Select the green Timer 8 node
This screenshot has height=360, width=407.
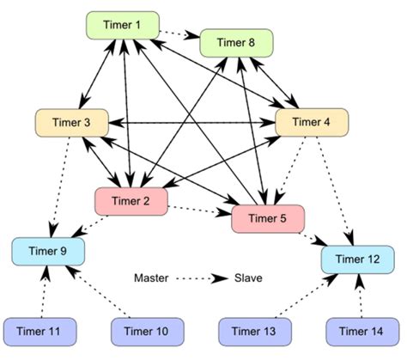point(236,42)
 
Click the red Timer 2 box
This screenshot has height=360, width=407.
point(130,202)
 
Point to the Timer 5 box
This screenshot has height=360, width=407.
point(267,218)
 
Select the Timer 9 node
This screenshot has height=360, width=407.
point(49,252)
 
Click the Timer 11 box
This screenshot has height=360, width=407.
point(40,329)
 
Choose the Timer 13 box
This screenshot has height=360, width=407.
point(255,329)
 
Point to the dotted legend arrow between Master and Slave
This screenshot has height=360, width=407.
point(203,278)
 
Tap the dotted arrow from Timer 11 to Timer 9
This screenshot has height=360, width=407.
point(44,291)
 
